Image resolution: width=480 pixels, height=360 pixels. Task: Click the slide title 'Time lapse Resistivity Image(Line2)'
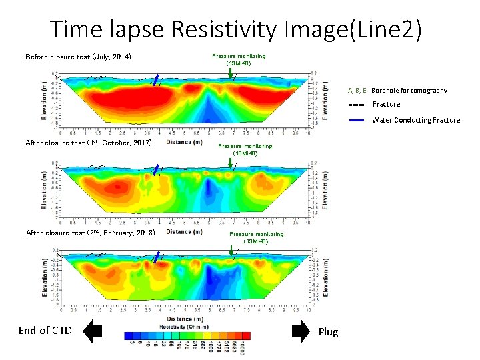pyautogui.click(x=236, y=29)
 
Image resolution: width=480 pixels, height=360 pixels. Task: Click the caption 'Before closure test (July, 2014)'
pyautogui.click(x=78, y=57)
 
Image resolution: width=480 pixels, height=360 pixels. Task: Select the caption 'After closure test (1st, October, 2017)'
pyautogui.click(x=89, y=143)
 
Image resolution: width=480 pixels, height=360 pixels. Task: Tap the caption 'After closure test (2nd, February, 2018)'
pyautogui.click(x=90, y=233)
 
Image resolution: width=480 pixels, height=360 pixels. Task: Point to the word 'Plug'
pyautogui.click(x=329, y=331)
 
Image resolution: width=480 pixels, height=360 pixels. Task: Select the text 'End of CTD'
pyautogui.click(x=45, y=331)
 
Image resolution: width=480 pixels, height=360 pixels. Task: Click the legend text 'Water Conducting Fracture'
pyautogui.click(x=416, y=121)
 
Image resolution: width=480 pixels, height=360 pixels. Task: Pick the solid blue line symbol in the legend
pyautogui.click(x=357, y=121)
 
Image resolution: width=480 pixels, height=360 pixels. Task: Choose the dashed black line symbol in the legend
pyautogui.click(x=357, y=105)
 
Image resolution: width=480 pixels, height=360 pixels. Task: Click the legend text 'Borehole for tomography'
pyautogui.click(x=409, y=90)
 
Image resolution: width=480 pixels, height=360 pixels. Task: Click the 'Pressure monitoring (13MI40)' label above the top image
pyautogui.click(x=239, y=59)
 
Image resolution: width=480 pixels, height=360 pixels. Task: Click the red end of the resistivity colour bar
pyautogui.click(x=246, y=335)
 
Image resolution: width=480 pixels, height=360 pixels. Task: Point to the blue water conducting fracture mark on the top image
pyautogui.click(x=156, y=80)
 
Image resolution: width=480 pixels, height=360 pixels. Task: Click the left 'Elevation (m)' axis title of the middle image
pyautogui.click(x=45, y=189)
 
